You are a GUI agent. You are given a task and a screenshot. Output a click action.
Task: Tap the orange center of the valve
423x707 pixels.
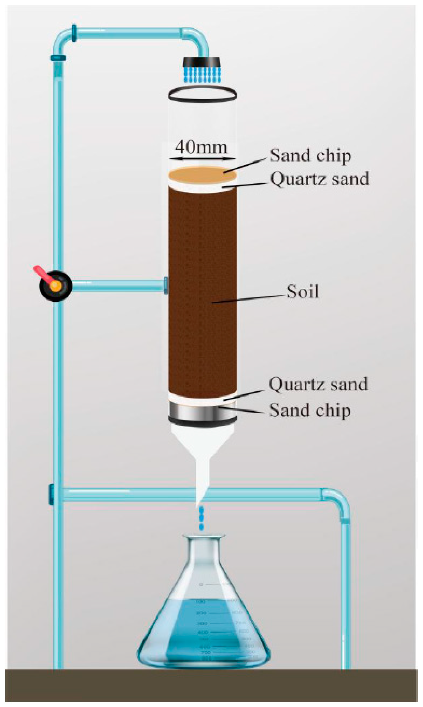point(56,285)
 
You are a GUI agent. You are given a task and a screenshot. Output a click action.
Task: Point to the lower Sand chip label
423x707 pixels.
point(310,411)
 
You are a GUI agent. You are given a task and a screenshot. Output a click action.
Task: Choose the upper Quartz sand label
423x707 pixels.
point(319,179)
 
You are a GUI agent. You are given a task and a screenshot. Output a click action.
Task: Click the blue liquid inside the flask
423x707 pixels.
point(204,627)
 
